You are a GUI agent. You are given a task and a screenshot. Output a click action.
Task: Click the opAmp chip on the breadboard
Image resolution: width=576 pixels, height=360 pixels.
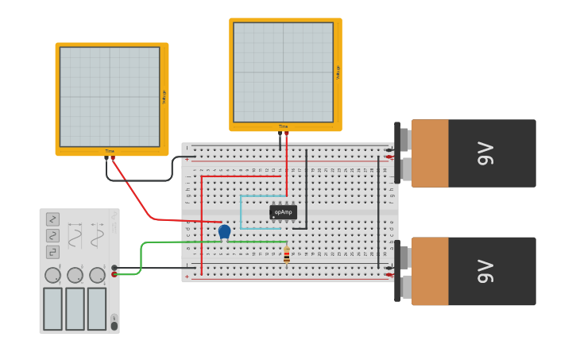[283, 212]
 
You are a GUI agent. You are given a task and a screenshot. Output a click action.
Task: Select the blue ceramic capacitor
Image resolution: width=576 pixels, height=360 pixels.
[224, 231]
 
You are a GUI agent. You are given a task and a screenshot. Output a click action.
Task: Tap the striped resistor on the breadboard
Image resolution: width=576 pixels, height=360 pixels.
[287, 254]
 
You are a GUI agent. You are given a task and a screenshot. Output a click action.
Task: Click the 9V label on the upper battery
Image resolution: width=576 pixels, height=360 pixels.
[485, 153]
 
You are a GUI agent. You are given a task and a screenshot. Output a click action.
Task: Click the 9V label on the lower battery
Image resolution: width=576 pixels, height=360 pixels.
[485, 271]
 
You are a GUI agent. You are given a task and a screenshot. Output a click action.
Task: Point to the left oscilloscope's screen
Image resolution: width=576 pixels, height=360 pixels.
[110, 96]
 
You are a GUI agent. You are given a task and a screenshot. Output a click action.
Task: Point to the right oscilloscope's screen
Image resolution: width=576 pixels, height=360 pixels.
[283, 72]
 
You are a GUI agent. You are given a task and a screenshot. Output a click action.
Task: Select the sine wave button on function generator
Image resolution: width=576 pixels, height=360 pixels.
[52, 219]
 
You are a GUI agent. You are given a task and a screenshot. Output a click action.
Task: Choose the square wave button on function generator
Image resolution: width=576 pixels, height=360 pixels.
[52, 252]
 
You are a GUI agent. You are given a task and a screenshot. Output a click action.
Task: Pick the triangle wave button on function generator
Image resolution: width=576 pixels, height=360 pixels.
[52, 235]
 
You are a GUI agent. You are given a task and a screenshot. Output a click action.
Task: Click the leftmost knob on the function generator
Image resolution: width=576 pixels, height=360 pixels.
[52, 275]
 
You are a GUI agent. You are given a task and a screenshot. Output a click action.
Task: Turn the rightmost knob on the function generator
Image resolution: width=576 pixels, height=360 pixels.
[97, 275]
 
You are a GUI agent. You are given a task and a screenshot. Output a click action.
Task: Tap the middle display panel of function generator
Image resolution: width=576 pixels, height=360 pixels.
[75, 308]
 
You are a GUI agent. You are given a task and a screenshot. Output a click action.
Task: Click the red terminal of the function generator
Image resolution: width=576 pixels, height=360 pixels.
[114, 274]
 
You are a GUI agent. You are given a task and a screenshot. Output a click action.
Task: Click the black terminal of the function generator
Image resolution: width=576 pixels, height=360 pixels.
[114, 268]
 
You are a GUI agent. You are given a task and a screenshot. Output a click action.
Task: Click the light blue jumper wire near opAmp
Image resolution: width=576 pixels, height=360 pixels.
[241, 212]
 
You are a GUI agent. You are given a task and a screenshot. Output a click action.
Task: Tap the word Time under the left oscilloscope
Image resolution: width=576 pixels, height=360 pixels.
[110, 151]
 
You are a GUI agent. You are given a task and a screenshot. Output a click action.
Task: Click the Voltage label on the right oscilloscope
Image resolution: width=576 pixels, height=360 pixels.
[338, 72]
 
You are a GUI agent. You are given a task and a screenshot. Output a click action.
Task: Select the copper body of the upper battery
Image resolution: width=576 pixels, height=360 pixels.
[430, 153]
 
